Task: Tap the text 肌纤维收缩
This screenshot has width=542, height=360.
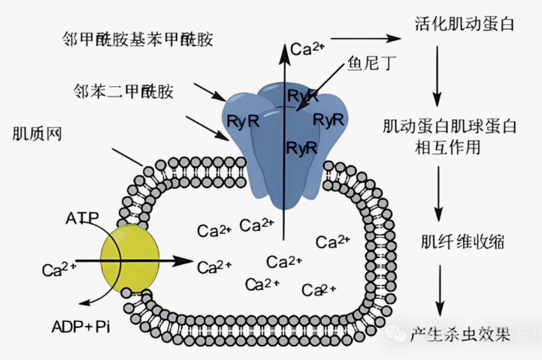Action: [462, 241]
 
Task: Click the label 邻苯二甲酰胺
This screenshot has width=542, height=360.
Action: [122, 92]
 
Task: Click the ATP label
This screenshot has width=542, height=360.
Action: [82, 218]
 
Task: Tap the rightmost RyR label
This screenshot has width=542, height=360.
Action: [328, 119]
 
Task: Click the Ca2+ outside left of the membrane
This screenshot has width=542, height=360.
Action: [59, 270]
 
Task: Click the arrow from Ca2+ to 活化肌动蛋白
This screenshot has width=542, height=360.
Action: [366, 38]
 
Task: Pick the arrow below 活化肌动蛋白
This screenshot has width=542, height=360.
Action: [437, 75]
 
